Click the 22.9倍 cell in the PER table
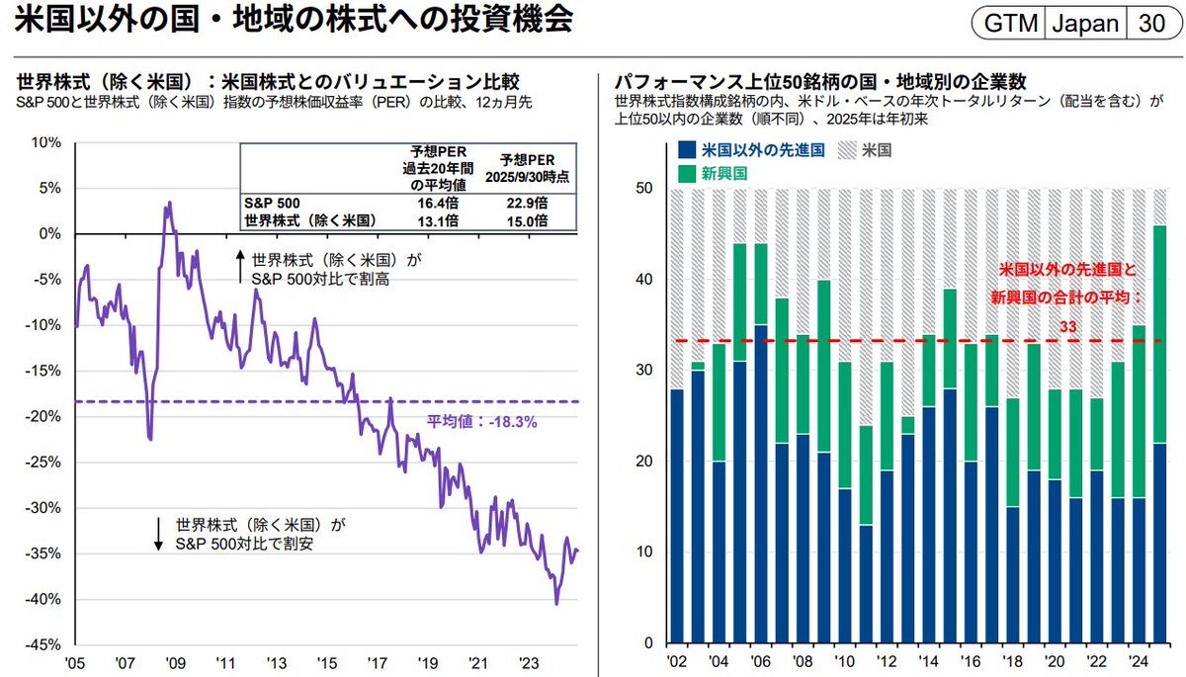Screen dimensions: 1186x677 (x=534, y=203)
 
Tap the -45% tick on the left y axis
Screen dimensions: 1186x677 (x=46, y=644)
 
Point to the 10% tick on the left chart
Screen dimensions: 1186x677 (x=48, y=141)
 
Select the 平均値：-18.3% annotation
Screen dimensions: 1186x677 (x=481, y=421)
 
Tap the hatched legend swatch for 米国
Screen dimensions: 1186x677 (x=847, y=151)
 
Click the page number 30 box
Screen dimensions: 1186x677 (x=1151, y=24)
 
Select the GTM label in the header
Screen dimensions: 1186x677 (x=1004, y=24)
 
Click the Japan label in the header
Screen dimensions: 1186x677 (x=1084, y=24)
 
